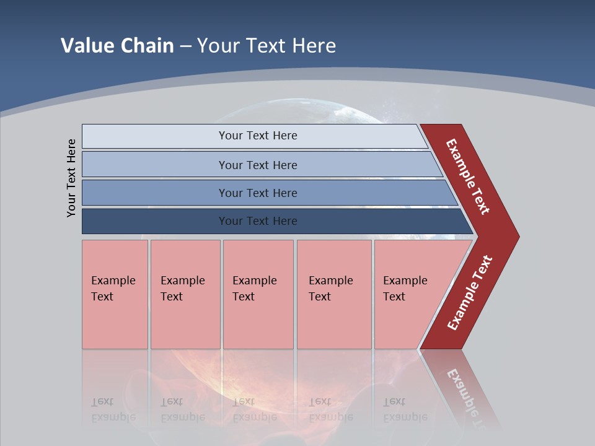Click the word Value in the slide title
point(86,45)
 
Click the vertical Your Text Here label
point(71,178)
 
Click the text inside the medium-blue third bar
point(258,193)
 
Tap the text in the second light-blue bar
point(258,165)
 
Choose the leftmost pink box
point(115,294)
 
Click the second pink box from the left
point(185,294)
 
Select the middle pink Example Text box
point(258,294)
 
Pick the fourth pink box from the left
point(334,294)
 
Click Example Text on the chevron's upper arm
point(469,177)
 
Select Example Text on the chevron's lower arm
point(470,292)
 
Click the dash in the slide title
point(185,46)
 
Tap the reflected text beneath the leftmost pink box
point(113,409)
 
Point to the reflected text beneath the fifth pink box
point(405,409)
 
